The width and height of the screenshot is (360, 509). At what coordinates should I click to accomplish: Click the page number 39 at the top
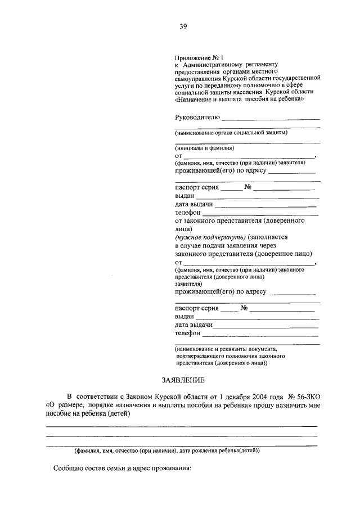(183, 26)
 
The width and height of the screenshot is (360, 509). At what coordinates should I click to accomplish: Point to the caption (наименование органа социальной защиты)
(231, 133)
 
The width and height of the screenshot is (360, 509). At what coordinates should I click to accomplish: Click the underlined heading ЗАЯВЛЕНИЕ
(181, 381)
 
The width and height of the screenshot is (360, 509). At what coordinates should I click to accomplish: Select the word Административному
(217, 65)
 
